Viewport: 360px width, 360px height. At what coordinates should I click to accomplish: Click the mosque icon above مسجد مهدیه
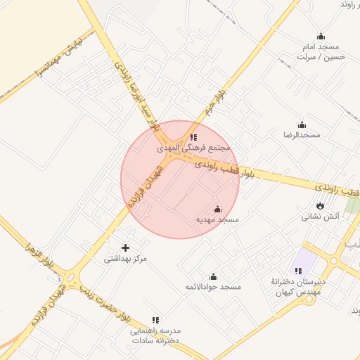tap(217, 209)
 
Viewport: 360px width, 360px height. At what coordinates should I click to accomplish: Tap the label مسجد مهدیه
tap(217, 220)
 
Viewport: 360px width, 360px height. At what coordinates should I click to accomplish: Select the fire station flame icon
tap(321, 205)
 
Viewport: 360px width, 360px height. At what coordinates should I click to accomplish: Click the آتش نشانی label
tap(321, 217)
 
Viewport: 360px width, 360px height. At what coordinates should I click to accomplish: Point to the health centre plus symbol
tap(126, 247)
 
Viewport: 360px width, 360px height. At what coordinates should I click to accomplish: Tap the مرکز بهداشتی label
tap(126, 259)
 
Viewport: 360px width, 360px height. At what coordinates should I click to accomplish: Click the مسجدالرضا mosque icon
tap(302, 124)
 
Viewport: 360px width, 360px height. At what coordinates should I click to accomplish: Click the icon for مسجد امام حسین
tap(321, 37)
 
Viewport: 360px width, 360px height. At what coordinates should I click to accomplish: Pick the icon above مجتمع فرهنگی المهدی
tap(193, 137)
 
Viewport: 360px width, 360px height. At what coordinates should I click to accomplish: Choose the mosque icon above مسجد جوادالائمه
tap(213, 276)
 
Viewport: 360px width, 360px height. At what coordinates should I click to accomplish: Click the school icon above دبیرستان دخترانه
tap(299, 271)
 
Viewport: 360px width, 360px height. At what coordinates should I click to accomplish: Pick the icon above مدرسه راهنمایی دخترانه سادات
tap(155, 320)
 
